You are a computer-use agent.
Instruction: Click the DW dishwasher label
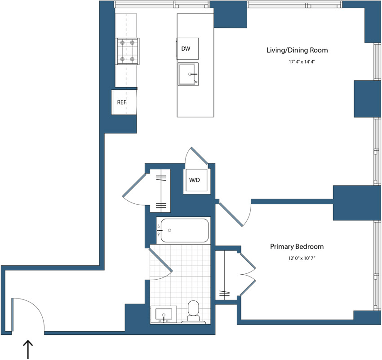point(186,48)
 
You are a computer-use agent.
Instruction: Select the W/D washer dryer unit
point(195,181)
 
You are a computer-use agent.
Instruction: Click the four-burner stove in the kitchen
point(127,51)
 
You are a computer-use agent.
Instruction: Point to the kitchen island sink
point(188,74)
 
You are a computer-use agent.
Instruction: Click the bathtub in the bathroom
point(183,230)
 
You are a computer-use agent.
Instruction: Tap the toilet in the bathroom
point(194,311)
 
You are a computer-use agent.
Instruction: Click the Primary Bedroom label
point(297,247)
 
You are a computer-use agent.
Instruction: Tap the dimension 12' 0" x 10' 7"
point(296,259)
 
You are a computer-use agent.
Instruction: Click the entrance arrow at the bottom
point(28,349)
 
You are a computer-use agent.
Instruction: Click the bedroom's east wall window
point(376,265)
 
